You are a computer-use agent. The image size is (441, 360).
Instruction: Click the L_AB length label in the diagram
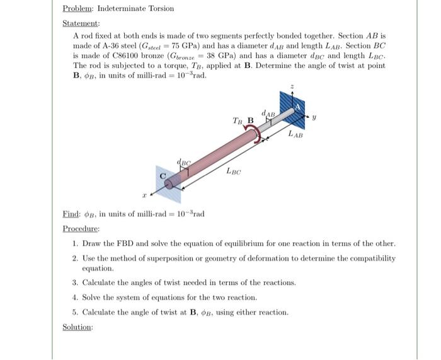(x=295, y=134)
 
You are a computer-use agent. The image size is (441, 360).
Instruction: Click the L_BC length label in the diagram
(x=234, y=171)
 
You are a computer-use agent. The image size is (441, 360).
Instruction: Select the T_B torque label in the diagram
(x=238, y=120)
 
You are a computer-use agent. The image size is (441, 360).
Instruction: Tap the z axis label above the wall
(x=291, y=86)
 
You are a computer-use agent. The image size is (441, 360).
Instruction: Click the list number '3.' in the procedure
(x=75, y=283)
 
